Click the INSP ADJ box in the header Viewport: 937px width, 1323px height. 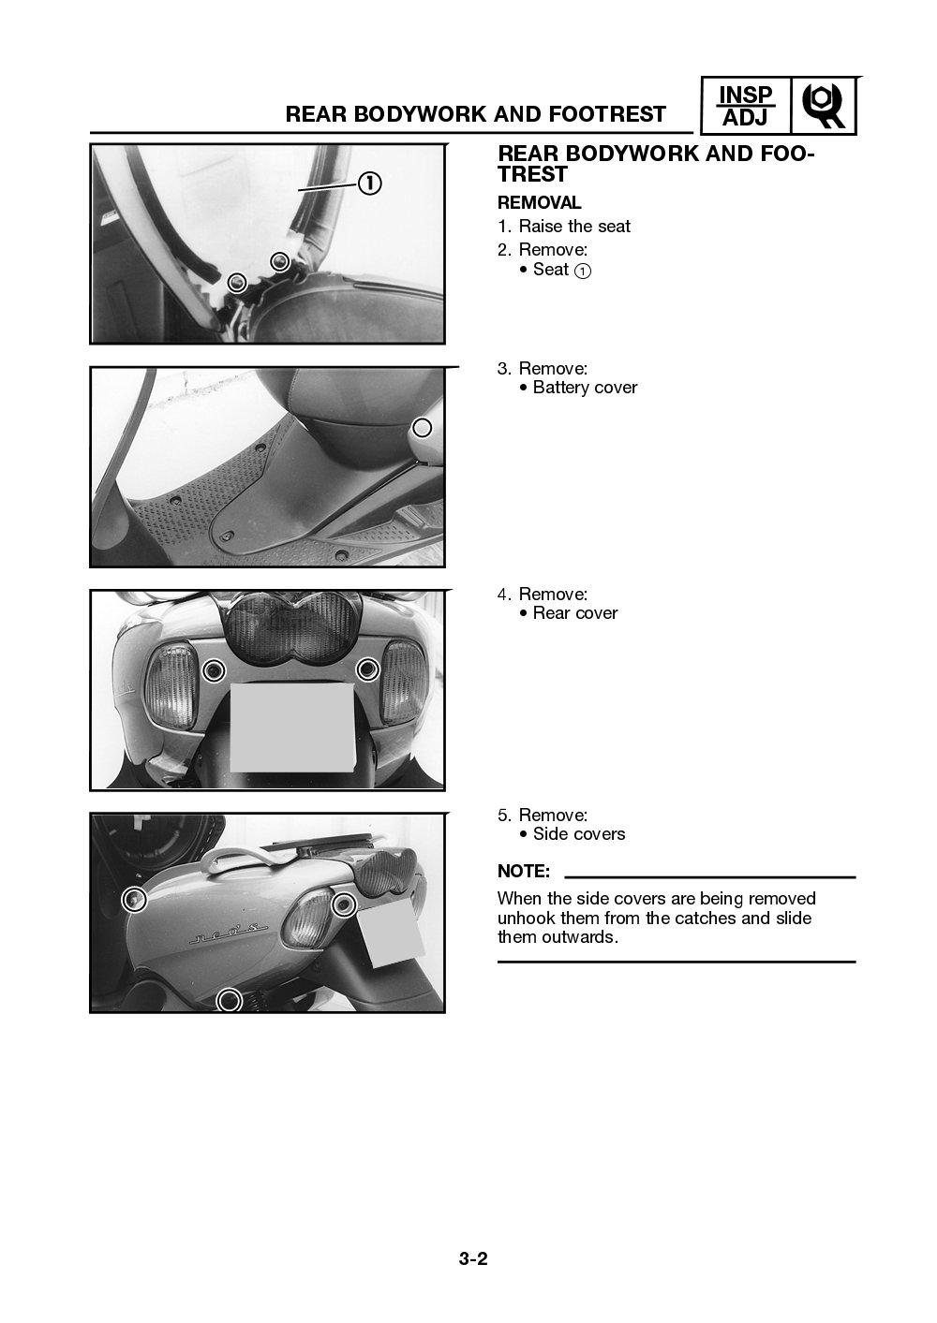pos(746,106)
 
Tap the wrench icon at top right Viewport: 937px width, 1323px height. pos(825,107)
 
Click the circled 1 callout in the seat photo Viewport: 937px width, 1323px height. pos(370,184)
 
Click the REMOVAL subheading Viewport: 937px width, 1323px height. pos(539,202)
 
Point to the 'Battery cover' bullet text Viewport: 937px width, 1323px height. pos(584,388)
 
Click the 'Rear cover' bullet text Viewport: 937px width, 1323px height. pos(574,613)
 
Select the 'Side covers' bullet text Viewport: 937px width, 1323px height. pos(578,834)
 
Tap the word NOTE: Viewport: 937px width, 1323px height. pos(523,872)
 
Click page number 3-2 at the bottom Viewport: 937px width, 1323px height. pos(473,1258)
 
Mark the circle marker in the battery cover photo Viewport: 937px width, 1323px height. pos(423,428)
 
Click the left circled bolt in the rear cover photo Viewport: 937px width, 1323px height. pos(215,669)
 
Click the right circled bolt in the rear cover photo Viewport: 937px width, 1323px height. pos(367,669)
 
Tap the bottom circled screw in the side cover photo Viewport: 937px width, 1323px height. pos(229,1000)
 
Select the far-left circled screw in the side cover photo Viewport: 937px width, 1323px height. pos(135,900)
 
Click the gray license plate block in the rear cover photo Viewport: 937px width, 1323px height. pos(291,727)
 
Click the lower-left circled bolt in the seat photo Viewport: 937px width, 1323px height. pos(238,282)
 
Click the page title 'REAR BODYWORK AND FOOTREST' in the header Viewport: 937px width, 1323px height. pos(475,114)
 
